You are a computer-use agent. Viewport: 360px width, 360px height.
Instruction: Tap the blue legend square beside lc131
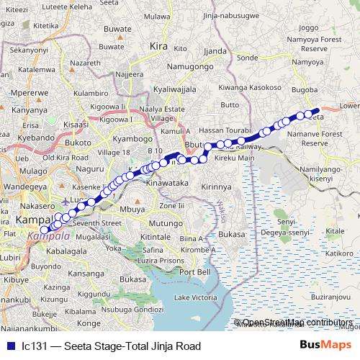click(x=9, y=346)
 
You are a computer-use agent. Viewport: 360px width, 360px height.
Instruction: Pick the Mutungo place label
click(x=166, y=224)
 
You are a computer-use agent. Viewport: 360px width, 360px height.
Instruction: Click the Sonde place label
click(x=247, y=57)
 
